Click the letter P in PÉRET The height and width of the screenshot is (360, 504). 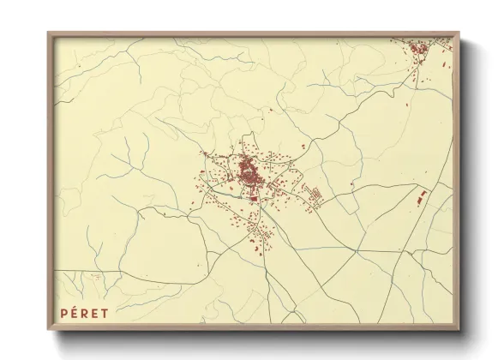[x=63, y=313]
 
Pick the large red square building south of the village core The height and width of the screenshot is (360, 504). [x=254, y=198]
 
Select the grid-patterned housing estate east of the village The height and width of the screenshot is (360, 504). [x=315, y=196]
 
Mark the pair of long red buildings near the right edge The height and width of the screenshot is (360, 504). [x=421, y=198]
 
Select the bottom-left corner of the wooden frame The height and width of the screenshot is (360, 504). [x=49, y=329]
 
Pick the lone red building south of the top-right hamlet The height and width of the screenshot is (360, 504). [x=418, y=82]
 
